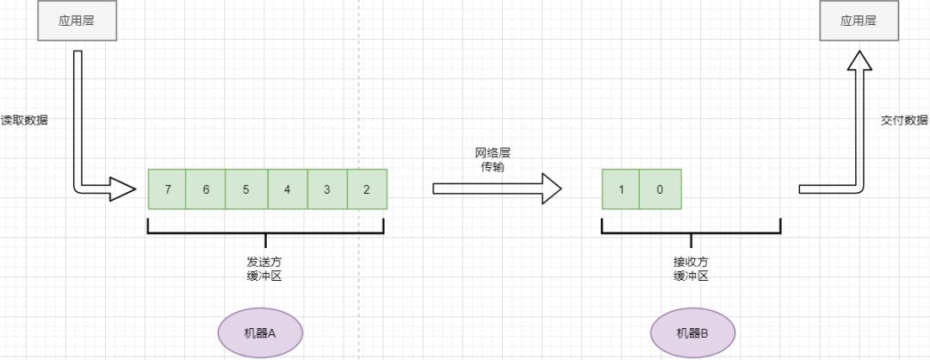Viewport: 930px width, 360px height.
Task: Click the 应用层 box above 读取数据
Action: (77, 21)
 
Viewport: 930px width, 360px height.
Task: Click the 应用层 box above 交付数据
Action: (858, 21)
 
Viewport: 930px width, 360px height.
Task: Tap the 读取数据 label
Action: (24, 120)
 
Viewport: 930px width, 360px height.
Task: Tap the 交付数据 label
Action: (905, 120)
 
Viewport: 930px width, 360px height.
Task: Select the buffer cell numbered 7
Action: (167, 189)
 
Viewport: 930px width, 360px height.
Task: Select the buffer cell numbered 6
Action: (206, 189)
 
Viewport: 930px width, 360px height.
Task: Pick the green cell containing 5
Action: (247, 189)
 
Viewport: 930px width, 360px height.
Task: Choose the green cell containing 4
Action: (288, 189)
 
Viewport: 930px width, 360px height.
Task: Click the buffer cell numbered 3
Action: (327, 189)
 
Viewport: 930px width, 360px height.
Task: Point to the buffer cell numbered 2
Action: (367, 189)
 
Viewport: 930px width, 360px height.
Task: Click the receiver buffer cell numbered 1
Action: (621, 189)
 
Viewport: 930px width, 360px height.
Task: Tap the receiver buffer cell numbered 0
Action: (660, 189)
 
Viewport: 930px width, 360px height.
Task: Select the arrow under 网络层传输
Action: (497, 189)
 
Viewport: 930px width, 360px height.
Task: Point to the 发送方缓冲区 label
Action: (265, 269)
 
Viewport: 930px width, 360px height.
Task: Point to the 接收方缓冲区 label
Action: (691, 269)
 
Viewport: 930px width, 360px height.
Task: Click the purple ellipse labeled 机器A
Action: (261, 332)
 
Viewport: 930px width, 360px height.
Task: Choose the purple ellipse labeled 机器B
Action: (692, 332)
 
